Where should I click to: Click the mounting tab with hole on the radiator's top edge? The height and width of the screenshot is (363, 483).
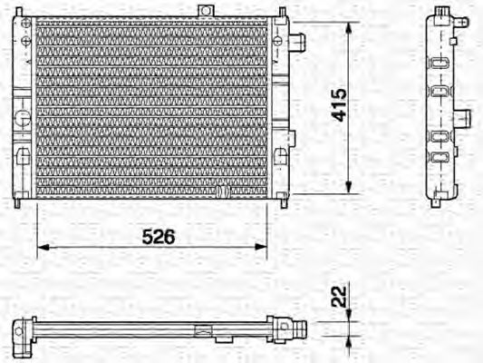click(207, 12)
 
